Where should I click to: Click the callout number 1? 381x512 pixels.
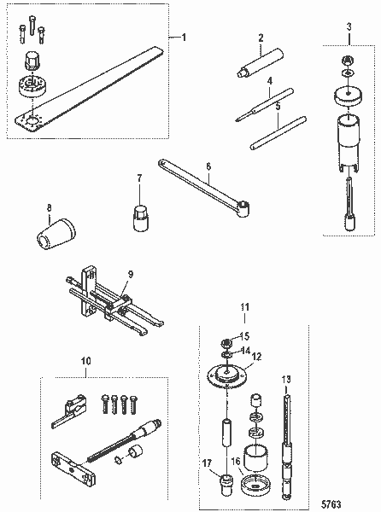tap(180, 38)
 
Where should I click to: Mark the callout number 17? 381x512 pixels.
tap(206, 464)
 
